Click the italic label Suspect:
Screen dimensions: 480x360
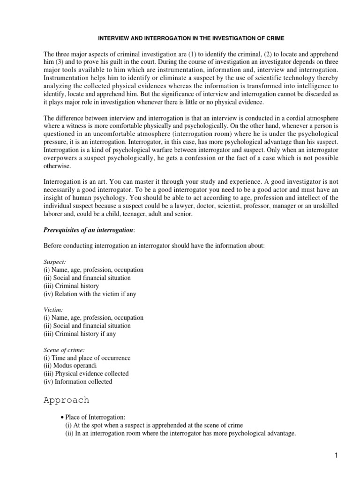(x=54, y=262)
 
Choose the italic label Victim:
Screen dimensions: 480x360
(x=53, y=309)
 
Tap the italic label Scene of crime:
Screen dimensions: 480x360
(x=63, y=350)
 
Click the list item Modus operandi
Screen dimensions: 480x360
(x=77, y=366)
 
